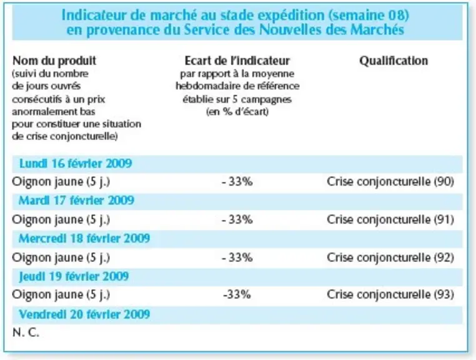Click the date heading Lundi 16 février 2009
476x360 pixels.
[76, 164]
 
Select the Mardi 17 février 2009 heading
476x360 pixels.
[76, 201]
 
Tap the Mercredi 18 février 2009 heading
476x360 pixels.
[84, 239]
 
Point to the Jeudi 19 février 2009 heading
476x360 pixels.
[74, 276]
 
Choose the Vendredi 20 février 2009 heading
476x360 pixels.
[84, 314]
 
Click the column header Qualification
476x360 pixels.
[394, 61]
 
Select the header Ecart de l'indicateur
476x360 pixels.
[237, 61]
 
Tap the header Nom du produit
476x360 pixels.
[54, 61]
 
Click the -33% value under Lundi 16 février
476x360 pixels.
[237, 182]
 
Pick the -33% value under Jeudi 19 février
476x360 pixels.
[237, 294]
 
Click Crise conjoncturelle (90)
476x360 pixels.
[390, 182]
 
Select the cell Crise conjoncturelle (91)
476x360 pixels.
[390, 219]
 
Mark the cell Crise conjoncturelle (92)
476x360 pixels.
[390, 257]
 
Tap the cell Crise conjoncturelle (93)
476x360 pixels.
[390, 294]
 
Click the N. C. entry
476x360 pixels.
[26, 333]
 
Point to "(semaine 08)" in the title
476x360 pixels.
[368, 15]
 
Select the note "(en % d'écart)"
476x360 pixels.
[237, 112]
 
